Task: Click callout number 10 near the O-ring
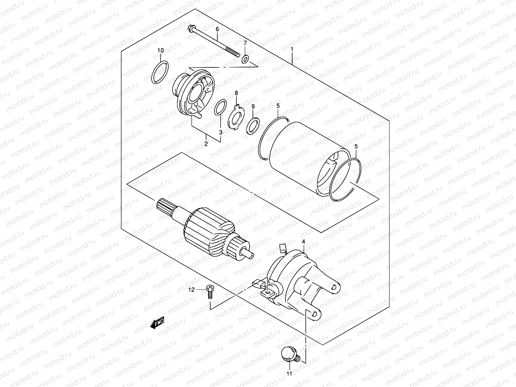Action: click(x=161, y=50)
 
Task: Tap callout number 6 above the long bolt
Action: click(x=217, y=29)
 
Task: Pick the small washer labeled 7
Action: click(x=245, y=59)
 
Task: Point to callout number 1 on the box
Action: click(x=292, y=49)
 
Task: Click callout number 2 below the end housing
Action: click(x=206, y=144)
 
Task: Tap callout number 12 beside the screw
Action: click(x=192, y=290)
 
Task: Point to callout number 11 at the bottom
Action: click(x=289, y=374)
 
